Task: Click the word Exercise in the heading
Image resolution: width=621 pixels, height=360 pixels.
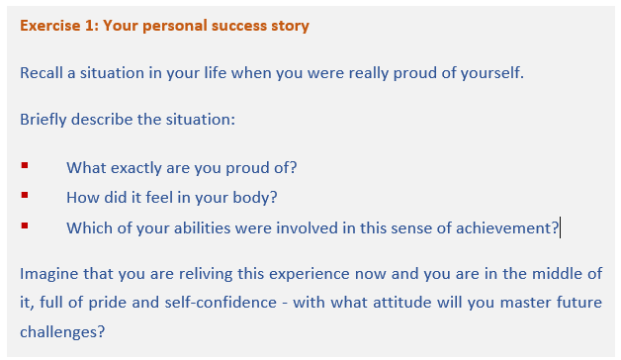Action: click(x=50, y=26)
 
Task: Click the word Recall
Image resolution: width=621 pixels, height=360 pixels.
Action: click(x=42, y=73)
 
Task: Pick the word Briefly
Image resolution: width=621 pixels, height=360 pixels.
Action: click(x=44, y=120)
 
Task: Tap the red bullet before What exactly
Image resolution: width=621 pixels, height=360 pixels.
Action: click(x=25, y=165)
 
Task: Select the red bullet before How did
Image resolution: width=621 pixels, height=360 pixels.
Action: click(x=25, y=195)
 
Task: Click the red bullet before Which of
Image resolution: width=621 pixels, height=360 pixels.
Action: click(x=25, y=225)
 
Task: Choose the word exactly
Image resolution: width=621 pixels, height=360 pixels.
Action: click(x=136, y=168)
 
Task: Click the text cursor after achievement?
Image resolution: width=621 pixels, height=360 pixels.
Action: click(x=560, y=227)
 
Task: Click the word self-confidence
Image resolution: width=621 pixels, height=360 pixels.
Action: click(x=221, y=303)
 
